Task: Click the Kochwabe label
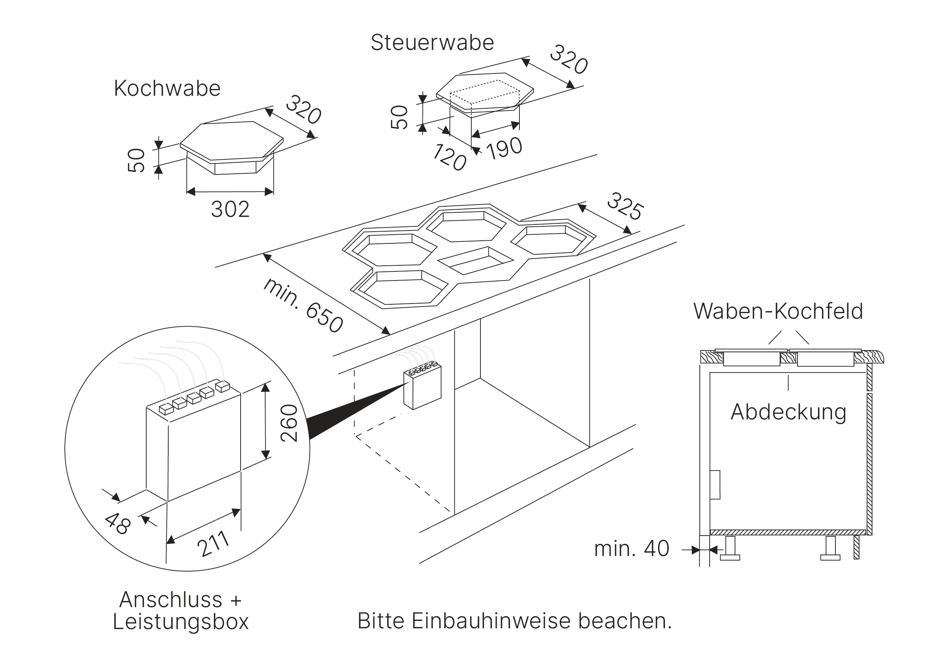point(167,88)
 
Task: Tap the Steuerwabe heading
point(432,42)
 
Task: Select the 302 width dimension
point(230,209)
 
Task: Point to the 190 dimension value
point(505,148)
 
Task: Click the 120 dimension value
point(449,157)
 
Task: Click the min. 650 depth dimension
point(303,305)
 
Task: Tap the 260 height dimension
point(289,423)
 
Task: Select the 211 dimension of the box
point(213,544)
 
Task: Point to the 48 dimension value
point(118,524)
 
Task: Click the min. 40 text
point(632,548)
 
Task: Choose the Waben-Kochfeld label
point(778,311)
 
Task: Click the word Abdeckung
point(788,412)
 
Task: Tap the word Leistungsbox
point(181,622)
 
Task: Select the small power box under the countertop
point(422,388)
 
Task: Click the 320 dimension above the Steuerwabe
point(568,60)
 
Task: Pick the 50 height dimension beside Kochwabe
point(136,160)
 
